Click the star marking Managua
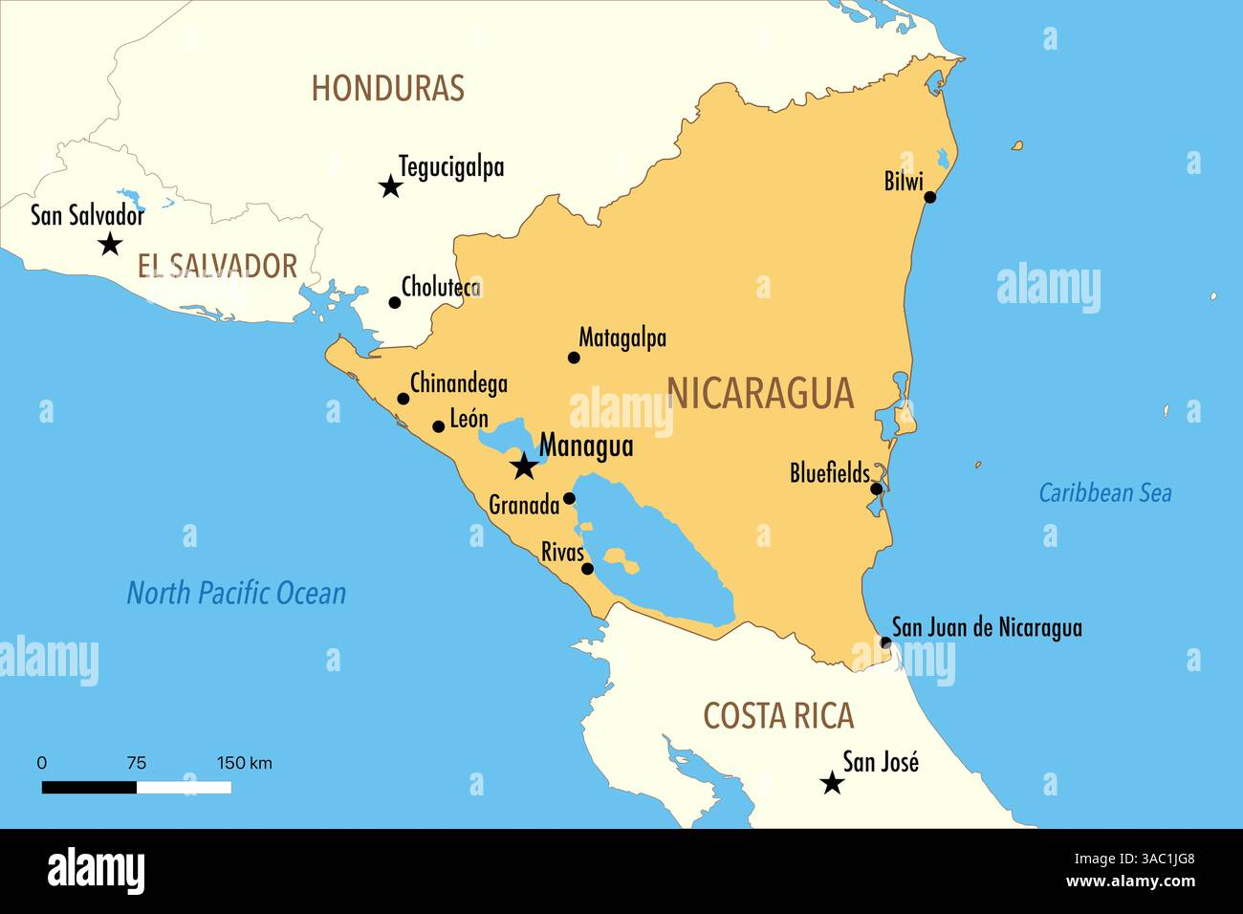pyautogui.click(x=523, y=467)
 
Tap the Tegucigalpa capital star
pyautogui.click(x=390, y=186)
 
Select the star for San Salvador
pyautogui.click(x=111, y=244)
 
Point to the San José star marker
pyautogui.click(x=832, y=784)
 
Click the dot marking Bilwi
pyautogui.click(x=929, y=197)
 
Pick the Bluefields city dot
pyautogui.click(x=876, y=489)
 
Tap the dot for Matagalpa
pyautogui.click(x=574, y=358)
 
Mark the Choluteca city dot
pyautogui.click(x=394, y=302)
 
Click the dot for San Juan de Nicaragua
pyautogui.click(x=885, y=642)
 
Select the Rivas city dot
pyautogui.click(x=587, y=569)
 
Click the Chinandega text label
pyautogui.click(x=458, y=383)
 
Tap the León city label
pyautogui.click(x=469, y=419)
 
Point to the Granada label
pyautogui.click(x=523, y=505)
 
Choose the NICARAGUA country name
pyautogui.click(x=759, y=393)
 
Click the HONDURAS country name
pyautogui.click(x=387, y=88)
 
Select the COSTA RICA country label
pyautogui.click(x=778, y=716)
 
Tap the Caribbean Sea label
pyautogui.click(x=1104, y=493)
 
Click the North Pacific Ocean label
pyautogui.click(x=236, y=594)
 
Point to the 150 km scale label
pyautogui.click(x=244, y=763)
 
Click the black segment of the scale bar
pyautogui.click(x=89, y=787)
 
